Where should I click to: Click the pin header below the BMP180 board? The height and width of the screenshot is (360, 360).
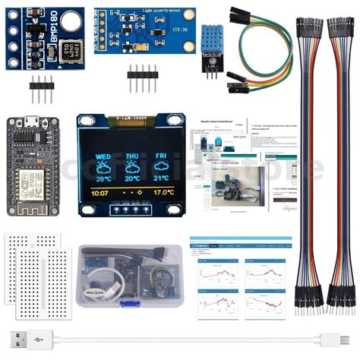pos(42,92)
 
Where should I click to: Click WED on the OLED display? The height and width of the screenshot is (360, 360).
pos(103,140)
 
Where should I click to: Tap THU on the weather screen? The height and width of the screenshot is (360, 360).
pos(132,140)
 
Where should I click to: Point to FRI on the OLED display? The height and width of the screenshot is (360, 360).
pos(161,140)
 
